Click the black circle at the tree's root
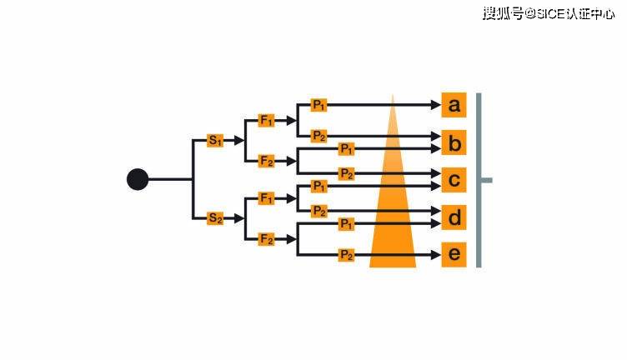138,179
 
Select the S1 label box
216,141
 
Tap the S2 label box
216,218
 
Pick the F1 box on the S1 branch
267,120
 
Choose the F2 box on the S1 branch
267,160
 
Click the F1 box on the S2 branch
267,198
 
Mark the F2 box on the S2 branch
267,239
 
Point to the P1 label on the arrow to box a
319,105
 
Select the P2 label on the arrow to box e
346,255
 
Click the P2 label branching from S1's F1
319,135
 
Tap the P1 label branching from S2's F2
346,224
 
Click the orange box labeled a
454,105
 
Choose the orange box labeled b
454,144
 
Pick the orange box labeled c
454,180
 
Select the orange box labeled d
454,217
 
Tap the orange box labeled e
454,254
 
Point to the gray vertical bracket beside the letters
479,180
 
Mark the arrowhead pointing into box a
435,105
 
